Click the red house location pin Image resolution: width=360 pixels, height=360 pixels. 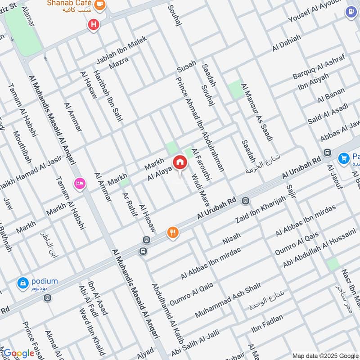pos(180,162)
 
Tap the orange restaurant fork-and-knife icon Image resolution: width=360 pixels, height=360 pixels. pos(173,233)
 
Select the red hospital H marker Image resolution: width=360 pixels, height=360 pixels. pos(94,25)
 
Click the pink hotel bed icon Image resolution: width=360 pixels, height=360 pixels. pos(80,184)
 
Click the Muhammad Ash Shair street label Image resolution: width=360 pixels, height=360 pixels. pos(228,298)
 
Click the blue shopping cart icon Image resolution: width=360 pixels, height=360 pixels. pos(344,158)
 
